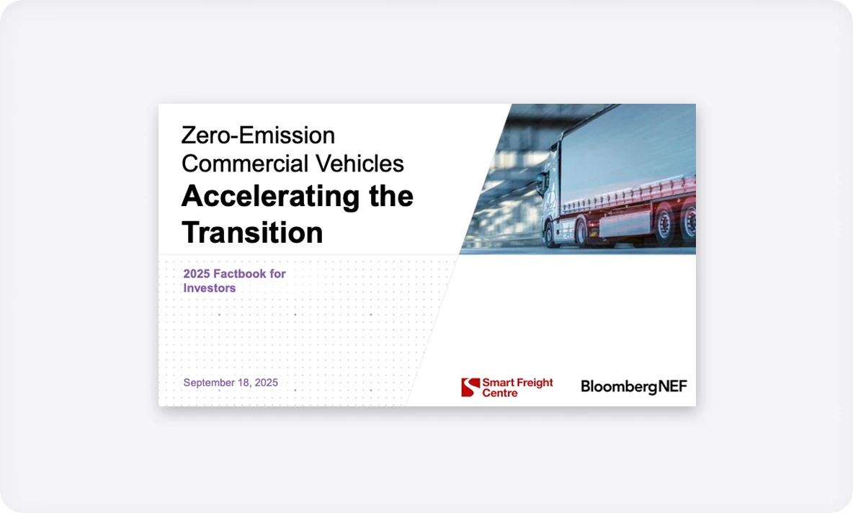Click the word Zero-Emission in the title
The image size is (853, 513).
point(258,135)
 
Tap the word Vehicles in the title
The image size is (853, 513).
point(359,164)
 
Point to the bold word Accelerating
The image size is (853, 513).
point(270,197)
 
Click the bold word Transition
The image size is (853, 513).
point(252,232)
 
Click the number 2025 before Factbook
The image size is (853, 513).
point(197,274)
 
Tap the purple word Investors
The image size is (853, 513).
point(210,287)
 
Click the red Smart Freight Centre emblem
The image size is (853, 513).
point(470,388)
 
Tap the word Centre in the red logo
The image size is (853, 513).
point(500,393)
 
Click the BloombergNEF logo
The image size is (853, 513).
point(634,387)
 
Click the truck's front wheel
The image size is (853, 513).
point(550,234)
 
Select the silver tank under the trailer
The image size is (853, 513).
point(625,223)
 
